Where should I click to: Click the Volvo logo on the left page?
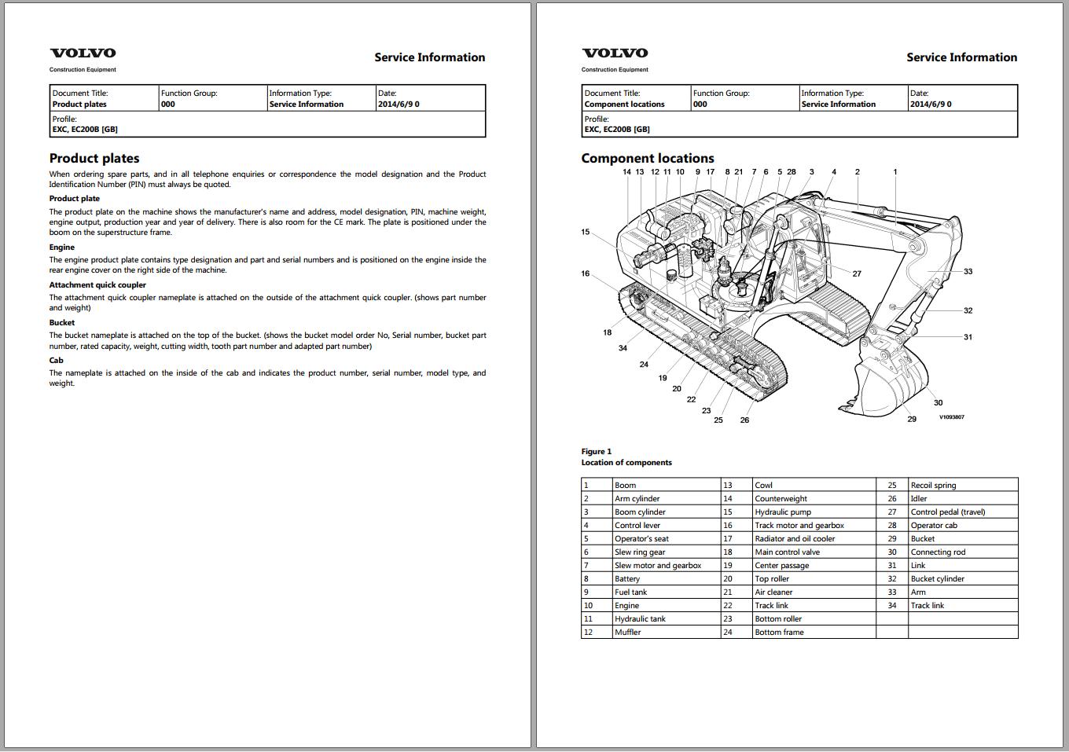coord(83,53)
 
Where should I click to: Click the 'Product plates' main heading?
coord(94,158)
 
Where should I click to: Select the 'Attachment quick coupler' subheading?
coord(97,285)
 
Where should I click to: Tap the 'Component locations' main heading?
coord(648,158)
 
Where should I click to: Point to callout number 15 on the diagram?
coord(586,232)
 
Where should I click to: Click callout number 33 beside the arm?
coord(968,272)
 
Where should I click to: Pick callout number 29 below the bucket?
coord(912,419)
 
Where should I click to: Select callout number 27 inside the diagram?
coord(857,274)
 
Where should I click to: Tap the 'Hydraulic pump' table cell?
coord(783,512)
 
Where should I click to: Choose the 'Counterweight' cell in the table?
coord(781,499)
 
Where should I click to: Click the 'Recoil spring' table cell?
coord(933,486)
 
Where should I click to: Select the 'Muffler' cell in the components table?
coord(628,633)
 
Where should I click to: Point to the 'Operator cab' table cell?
coord(934,526)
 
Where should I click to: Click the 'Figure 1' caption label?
coord(597,451)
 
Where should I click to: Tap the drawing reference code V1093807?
coord(951,417)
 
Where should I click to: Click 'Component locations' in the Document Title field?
coord(625,105)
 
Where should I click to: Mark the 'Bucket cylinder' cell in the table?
coord(937,579)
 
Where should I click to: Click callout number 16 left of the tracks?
coord(586,273)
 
